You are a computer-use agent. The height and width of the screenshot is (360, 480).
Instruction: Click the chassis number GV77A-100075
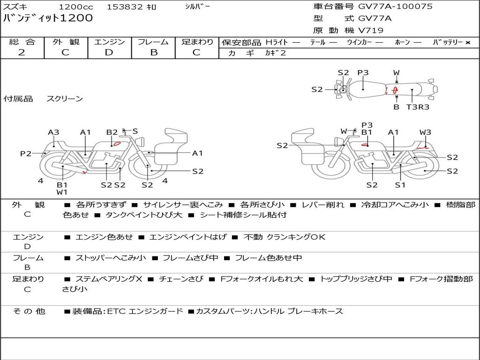tap(395, 7)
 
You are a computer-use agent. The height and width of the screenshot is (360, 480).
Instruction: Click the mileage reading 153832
tap(125, 7)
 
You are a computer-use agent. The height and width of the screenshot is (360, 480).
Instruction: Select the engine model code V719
tap(370, 30)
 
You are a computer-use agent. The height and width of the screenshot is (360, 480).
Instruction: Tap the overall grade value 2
tap(22, 52)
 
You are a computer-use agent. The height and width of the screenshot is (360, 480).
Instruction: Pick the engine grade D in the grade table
tap(109, 52)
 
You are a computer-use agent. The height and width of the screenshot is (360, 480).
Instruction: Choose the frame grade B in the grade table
tap(154, 52)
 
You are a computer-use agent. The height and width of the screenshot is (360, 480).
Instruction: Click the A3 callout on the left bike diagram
tap(53, 132)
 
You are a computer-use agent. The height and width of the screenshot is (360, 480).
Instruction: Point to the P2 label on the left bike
tap(26, 153)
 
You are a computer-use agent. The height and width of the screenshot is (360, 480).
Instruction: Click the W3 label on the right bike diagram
tap(425, 132)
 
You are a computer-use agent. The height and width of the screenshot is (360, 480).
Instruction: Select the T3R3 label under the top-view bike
tap(418, 107)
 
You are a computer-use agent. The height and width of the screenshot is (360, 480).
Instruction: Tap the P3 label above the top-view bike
tap(363, 73)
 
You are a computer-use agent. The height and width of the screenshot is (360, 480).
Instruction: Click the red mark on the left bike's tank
tap(117, 143)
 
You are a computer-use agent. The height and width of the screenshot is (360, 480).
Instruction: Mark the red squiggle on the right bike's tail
tap(422, 148)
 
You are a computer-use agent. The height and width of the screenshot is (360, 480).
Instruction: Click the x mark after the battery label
tap(468, 43)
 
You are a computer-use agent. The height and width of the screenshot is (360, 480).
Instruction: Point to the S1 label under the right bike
tap(400, 185)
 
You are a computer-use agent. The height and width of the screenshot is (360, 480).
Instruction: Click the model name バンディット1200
tap(48, 18)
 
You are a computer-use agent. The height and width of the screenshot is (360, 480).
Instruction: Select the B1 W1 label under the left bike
tap(62, 188)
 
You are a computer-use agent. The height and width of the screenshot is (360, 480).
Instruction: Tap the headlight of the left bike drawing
tap(142, 142)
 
